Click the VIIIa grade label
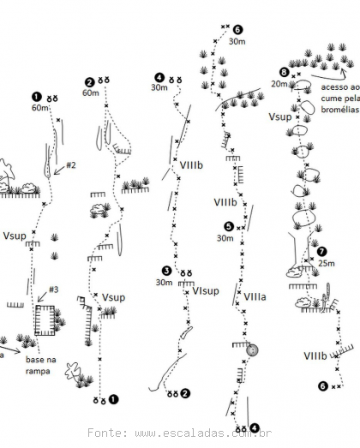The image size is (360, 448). [255, 297]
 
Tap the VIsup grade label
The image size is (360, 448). [206, 291]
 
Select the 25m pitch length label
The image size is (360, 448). [327, 263]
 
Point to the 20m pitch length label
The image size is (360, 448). [279, 84]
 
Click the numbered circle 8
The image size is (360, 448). [284, 72]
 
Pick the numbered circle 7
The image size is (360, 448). [322, 252]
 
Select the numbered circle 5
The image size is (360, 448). [229, 227]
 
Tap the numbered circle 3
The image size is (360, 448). [166, 271]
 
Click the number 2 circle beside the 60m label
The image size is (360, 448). [90, 82]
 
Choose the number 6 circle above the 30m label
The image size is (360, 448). [237, 29]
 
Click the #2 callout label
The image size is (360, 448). [71, 165]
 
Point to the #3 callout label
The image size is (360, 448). [53, 290]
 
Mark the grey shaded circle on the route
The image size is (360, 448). [253, 350]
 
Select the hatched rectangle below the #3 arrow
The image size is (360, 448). [45, 320]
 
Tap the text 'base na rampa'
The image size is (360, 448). [40, 365]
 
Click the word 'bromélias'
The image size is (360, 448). [339, 110]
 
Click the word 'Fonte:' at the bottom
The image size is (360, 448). [108, 433]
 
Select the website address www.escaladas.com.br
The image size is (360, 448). [203, 433]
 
